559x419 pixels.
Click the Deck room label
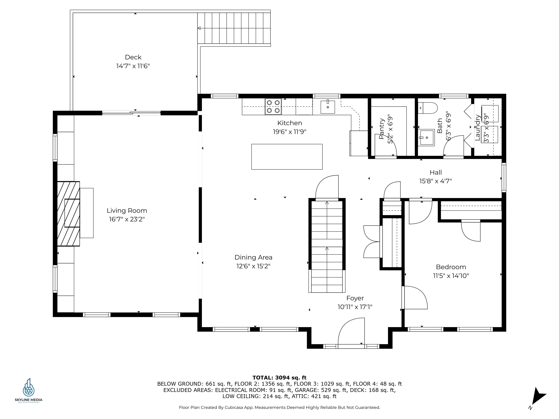point(133,57)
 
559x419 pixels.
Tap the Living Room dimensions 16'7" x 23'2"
point(127,219)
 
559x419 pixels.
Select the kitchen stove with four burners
point(273,107)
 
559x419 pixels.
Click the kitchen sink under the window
point(328,107)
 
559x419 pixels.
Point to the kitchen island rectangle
point(287,157)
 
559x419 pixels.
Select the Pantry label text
point(381,129)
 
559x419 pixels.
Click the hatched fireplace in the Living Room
point(68,214)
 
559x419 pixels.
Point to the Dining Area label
point(253,257)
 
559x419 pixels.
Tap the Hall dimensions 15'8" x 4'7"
point(435,181)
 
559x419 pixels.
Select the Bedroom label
point(451,267)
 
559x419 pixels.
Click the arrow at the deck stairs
point(199,28)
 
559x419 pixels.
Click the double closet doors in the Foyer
point(372,242)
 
